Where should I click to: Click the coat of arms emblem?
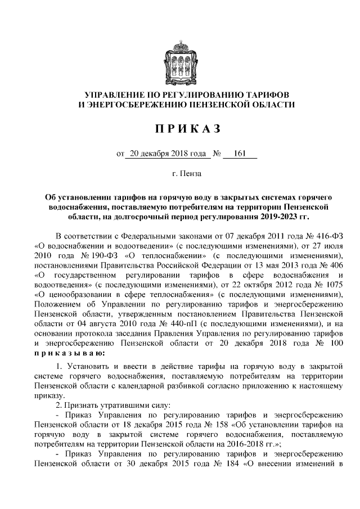click(x=179, y=56)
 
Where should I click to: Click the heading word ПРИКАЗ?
click(x=179, y=129)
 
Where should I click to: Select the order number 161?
click(x=240, y=152)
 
